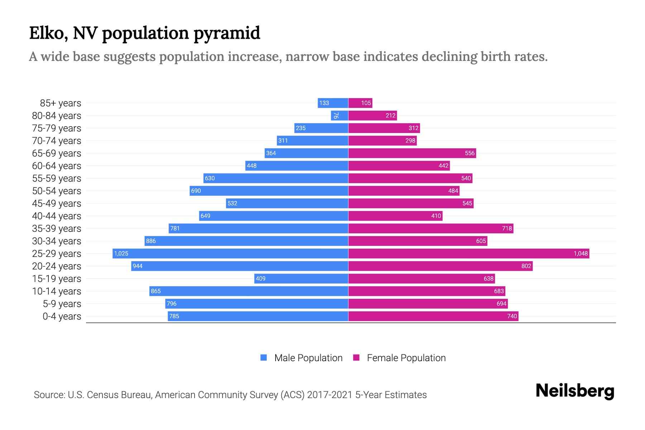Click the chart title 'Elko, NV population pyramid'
[x=144, y=33]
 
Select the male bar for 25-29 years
[x=230, y=254]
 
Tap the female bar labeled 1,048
[x=469, y=254]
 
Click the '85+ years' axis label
[x=61, y=103]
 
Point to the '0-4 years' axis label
[x=62, y=316]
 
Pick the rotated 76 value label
[x=335, y=115]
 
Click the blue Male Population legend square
[x=264, y=358]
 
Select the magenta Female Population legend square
[x=356, y=358]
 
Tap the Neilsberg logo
[x=575, y=391]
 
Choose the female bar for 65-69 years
[x=412, y=153]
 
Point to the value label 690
[x=196, y=191]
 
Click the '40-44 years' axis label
[x=57, y=216]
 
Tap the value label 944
[x=138, y=266]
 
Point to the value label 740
[x=512, y=316]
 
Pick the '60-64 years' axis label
[x=57, y=166]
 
